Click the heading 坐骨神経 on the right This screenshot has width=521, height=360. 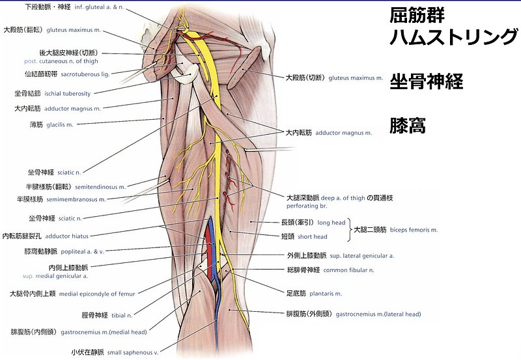pyautogui.click(x=426, y=81)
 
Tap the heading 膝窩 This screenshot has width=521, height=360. pyautogui.click(x=408, y=125)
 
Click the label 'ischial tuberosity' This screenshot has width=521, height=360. pyautogui.click(x=68, y=94)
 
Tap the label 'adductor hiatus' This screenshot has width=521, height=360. pyautogui.click(x=64, y=236)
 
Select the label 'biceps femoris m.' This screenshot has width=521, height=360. pyautogui.click(x=414, y=230)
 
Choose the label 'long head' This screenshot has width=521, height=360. pyautogui.click(x=331, y=223)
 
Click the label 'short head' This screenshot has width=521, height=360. pyautogui.click(x=330, y=237)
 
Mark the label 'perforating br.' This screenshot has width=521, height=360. pyautogui.click(x=305, y=205)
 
